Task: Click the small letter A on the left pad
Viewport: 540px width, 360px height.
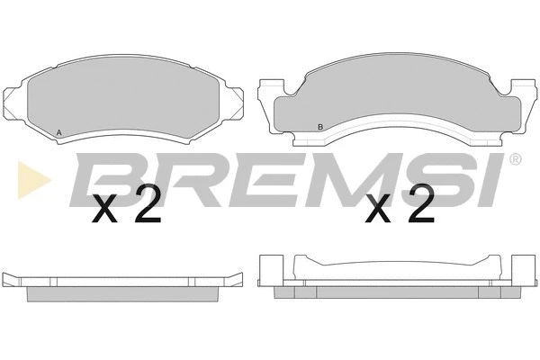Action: [59, 133]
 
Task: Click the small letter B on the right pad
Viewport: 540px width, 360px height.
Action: [320, 126]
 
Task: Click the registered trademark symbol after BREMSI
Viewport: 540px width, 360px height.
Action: [514, 160]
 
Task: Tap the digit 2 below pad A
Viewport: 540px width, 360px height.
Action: [147, 209]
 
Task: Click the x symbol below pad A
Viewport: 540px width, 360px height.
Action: [106, 212]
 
